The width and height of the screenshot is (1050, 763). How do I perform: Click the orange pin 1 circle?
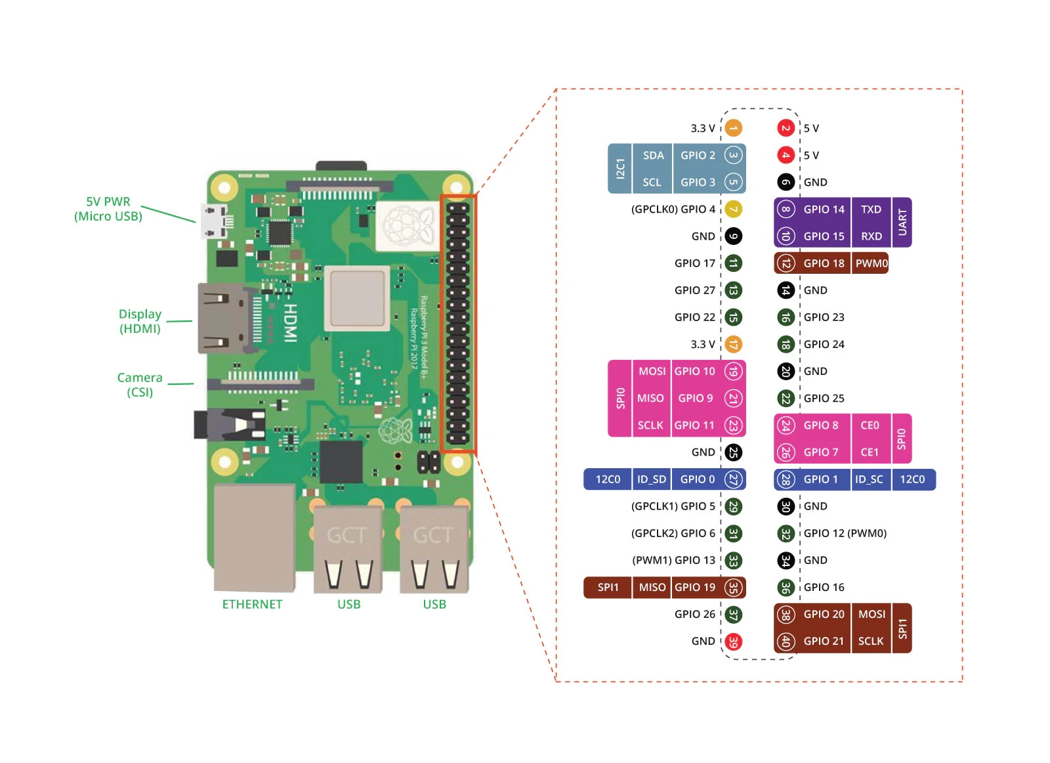733,128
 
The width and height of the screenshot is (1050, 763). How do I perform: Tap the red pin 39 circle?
733,642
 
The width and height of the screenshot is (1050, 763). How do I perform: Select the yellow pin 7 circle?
733,209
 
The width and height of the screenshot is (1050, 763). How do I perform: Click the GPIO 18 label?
824,263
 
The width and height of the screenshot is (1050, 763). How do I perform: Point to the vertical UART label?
902,223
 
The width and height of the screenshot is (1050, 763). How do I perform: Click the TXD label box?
871,209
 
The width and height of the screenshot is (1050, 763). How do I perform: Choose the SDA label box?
653,156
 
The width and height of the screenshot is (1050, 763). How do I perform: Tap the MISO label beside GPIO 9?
650,398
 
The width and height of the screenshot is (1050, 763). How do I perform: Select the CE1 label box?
870,452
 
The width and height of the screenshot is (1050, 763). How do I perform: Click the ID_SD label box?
651,479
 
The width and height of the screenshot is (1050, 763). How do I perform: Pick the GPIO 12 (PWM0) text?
845,533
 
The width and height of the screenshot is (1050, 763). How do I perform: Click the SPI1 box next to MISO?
608,588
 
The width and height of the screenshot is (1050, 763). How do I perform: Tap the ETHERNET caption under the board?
252,604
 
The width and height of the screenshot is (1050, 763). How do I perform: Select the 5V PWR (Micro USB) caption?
108,209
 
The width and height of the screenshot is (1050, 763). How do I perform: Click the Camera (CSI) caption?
140,385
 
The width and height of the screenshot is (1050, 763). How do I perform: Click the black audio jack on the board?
223,424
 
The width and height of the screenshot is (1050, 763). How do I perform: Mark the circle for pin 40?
786,642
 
